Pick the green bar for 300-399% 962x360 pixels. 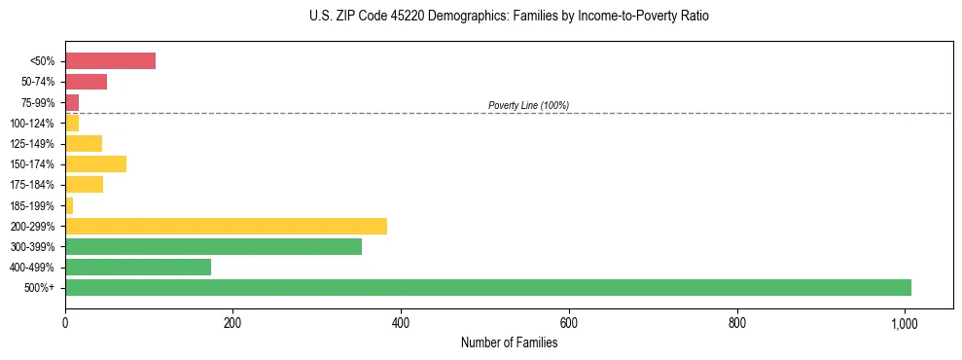pyautogui.click(x=213, y=246)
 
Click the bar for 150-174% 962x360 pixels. pyautogui.click(x=95, y=163)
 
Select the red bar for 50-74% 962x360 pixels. pyautogui.click(x=86, y=81)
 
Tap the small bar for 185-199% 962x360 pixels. pyautogui.click(x=69, y=205)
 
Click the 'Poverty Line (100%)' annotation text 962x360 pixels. pyautogui.click(x=528, y=105)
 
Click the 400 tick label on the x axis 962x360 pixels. pyautogui.click(x=401, y=322)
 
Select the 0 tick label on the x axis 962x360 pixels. pyautogui.click(x=65, y=322)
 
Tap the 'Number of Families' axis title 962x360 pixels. pyautogui.click(x=509, y=342)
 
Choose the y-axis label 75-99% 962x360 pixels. pyautogui.click(x=38, y=102)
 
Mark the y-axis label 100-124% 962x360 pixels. pyautogui.click(x=33, y=123)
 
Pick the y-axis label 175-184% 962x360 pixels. pyautogui.click(x=33, y=185)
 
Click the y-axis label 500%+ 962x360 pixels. pyautogui.click(x=40, y=288)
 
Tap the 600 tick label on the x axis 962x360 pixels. pyautogui.click(x=569, y=322)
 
